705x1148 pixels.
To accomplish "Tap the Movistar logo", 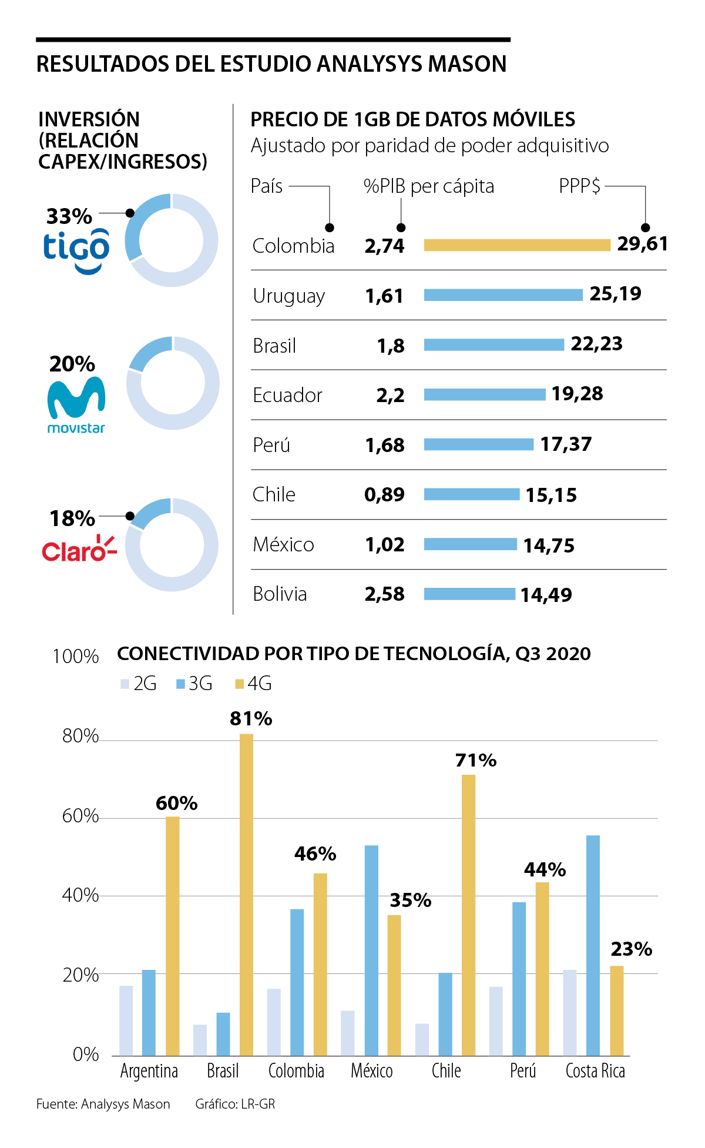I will click(x=76, y=405).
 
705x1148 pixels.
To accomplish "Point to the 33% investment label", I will click(x=69, y=216).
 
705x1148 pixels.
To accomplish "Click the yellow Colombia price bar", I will click(x=517, y=245).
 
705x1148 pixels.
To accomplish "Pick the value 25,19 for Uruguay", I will click(x=615, y=294).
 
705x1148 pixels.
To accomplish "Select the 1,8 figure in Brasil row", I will click(x=391, y=346).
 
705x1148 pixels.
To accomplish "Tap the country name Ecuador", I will click(x=287, y=395).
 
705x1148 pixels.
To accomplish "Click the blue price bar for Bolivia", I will click(x=469, y=594).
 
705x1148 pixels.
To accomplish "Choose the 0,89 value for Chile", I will click(x=384, y=495).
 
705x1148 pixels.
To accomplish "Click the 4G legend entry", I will click(x=253, y=684).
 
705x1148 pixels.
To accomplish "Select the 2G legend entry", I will click(x=139, y=684).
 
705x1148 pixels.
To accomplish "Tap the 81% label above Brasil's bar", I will click(x=251, y=718).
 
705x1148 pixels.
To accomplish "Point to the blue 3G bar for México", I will click(x=371, y=950).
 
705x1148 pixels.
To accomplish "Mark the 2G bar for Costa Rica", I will click(x=570, y=1012).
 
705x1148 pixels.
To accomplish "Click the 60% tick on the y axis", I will click(x=80, y=816).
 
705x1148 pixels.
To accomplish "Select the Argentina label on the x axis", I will click(x=149, y=1071).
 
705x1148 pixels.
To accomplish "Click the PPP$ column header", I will click(x=579, y=186).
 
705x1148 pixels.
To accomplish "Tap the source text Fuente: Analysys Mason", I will click(x=103, y=1104).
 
